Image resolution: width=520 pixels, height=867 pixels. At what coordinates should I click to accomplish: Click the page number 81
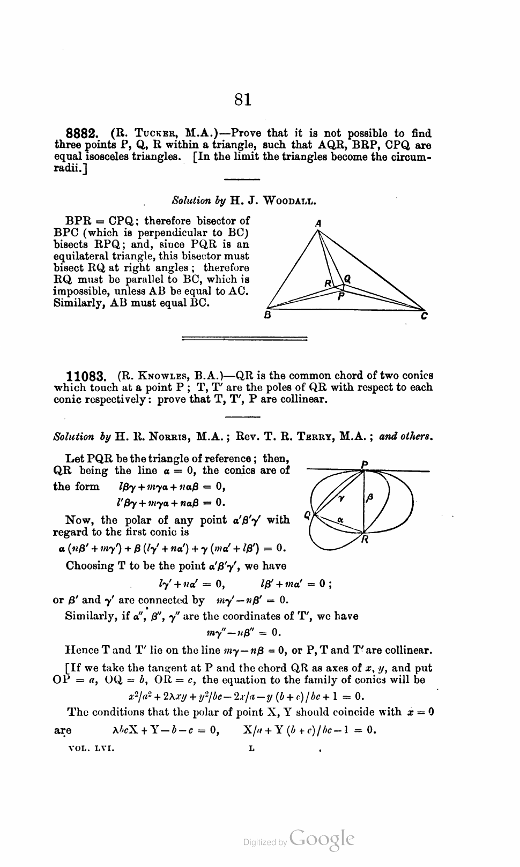[243, 99]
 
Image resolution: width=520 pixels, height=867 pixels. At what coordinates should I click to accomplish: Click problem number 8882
[82, 133]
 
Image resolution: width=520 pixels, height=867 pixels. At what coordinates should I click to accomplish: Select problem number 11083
[85, 376]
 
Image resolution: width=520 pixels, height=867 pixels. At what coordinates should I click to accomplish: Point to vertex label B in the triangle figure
[267, 315]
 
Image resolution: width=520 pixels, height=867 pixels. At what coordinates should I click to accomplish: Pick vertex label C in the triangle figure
[424, 316]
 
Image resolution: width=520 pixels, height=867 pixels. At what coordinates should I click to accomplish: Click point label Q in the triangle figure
[347, 279]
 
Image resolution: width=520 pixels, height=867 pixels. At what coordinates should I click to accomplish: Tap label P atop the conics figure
[364, 464]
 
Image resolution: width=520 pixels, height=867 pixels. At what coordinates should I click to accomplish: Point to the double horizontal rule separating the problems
[244, 338]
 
